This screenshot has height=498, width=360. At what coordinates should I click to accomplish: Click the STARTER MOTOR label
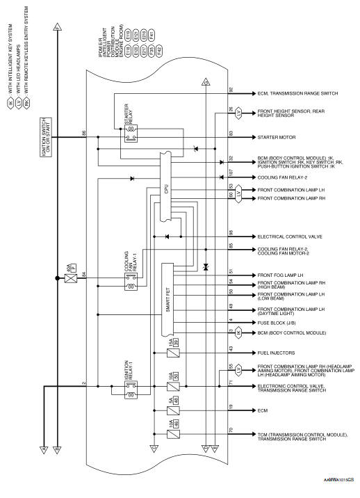pos(276,137)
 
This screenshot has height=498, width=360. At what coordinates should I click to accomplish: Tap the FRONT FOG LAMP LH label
pos(281,272)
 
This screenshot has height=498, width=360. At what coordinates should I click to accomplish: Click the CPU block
pos(165,188)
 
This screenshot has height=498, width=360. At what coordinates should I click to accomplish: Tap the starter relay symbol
pos(131,137)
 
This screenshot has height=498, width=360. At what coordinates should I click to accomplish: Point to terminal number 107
pos(231,172)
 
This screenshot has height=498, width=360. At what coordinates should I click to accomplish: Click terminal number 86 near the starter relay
pos(84,132)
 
